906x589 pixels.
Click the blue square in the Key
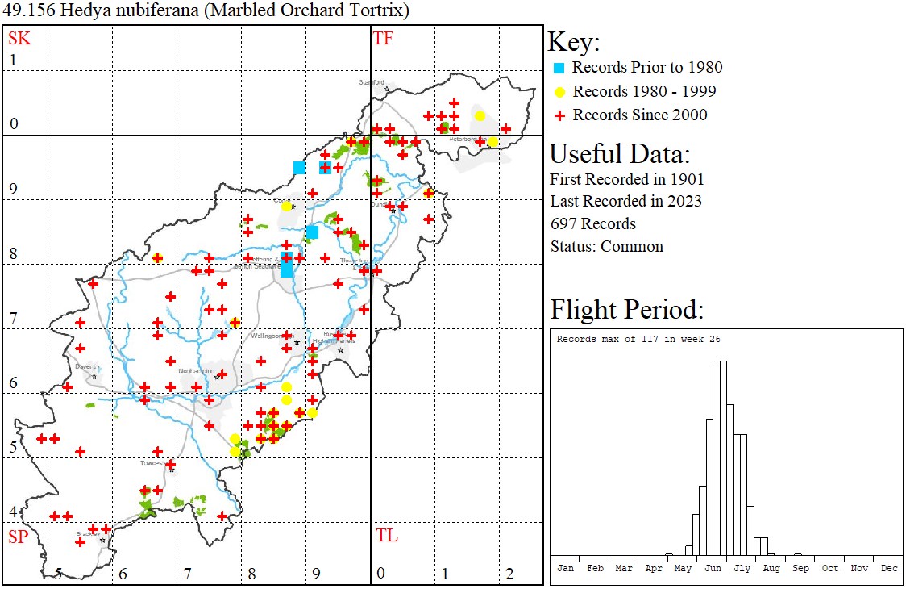tap(558, 68)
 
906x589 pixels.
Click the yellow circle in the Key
tap(558, 91)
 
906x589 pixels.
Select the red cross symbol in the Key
tap(558, 115)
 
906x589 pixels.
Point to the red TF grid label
tap(383, 38)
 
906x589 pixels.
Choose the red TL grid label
tap(386, 536)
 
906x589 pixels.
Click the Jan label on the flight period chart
tap(566, 568)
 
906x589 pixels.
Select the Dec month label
tap(889, 568)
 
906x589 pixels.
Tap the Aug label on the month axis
tap(771, 568)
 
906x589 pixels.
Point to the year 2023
tap(684, 201)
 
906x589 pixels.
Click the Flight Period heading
tap(627, 310)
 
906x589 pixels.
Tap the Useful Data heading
tap(619, 154)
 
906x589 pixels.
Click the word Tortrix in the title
tap(380, 11)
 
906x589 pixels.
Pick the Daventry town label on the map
tap(87, 366)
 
